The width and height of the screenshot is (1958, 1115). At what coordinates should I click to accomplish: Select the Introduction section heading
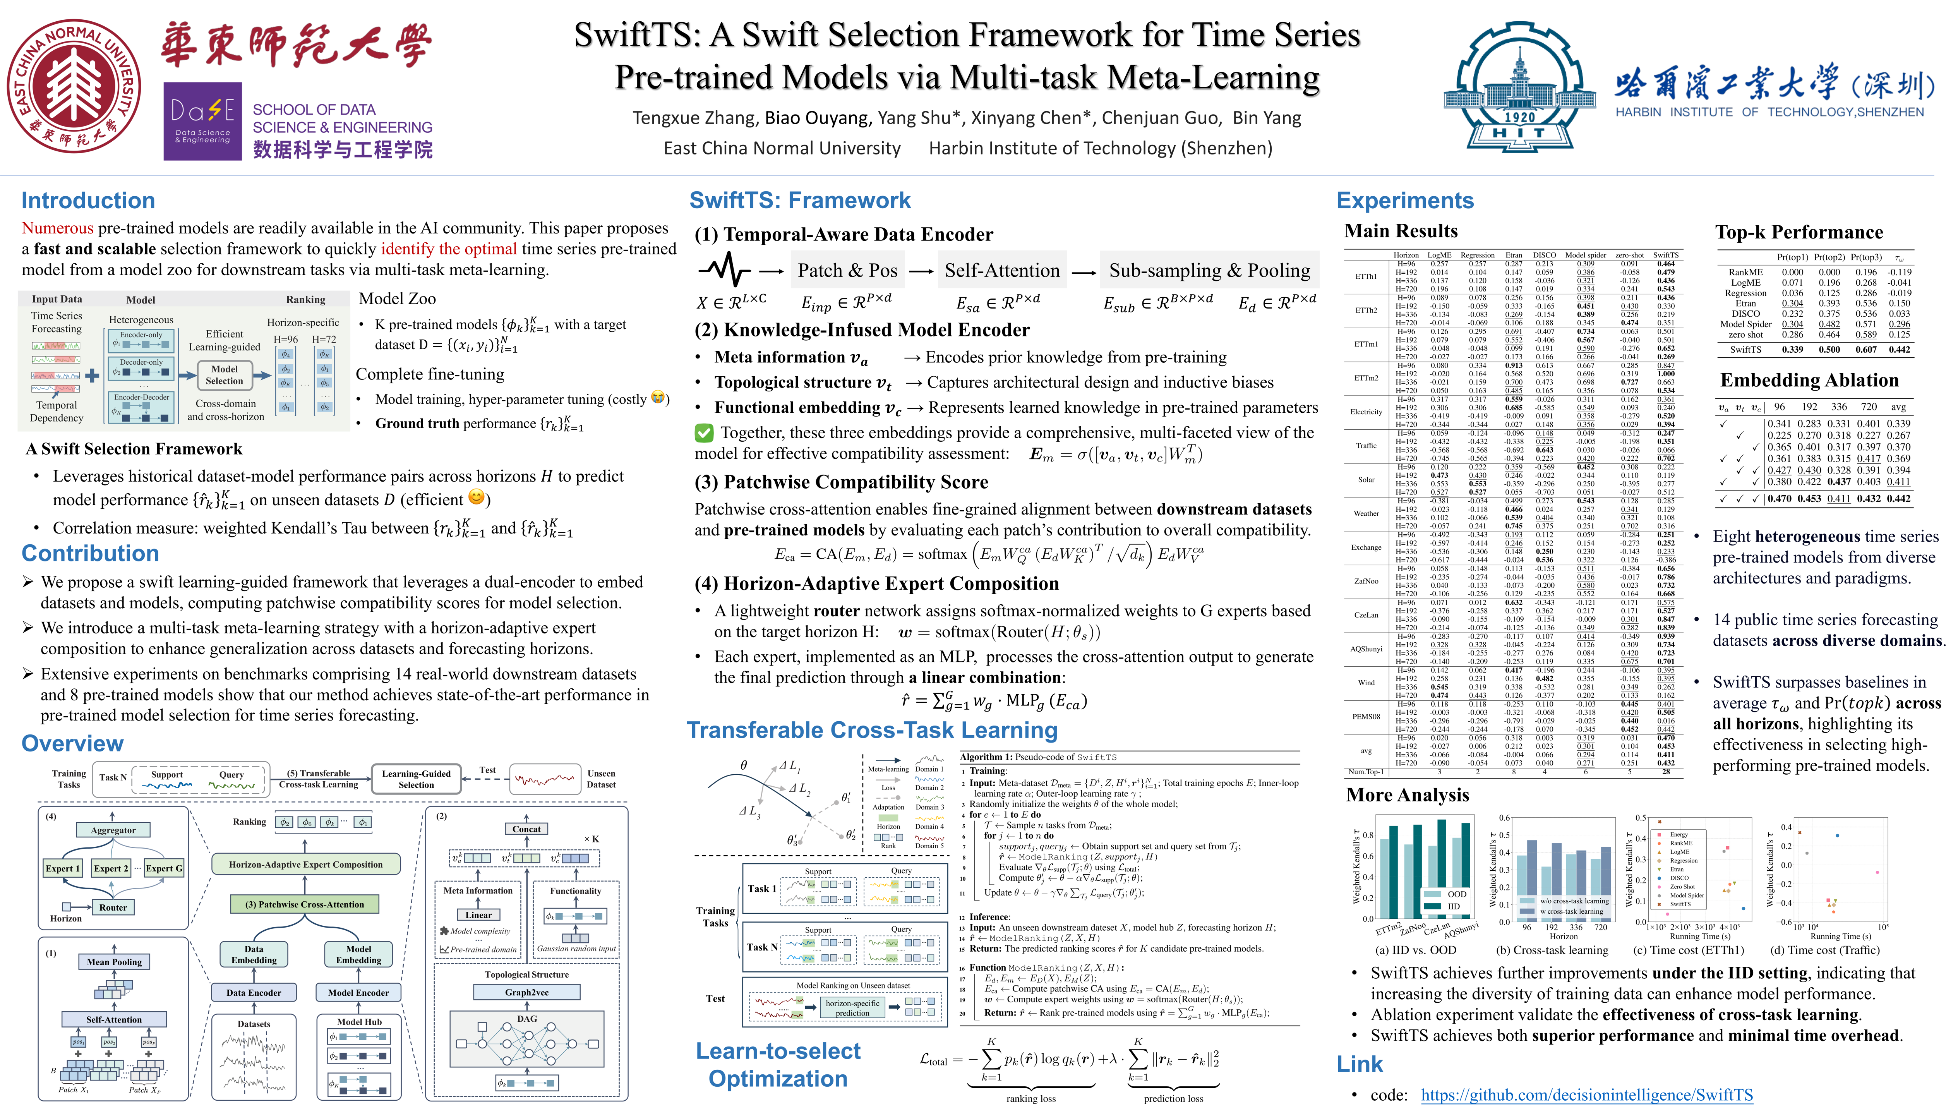(88, 201)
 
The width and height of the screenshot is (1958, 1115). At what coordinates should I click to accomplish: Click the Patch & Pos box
(847, 270)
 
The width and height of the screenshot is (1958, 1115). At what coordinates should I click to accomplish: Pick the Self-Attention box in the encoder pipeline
(1001, 270)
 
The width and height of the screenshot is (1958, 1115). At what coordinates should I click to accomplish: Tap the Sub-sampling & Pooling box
(1209, 270)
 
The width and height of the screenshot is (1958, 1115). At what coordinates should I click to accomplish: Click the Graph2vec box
(527, 993)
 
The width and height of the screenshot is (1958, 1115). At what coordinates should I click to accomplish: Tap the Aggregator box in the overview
(113, 830)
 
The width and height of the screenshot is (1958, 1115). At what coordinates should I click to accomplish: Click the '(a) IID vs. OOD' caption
(1416, 950)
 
